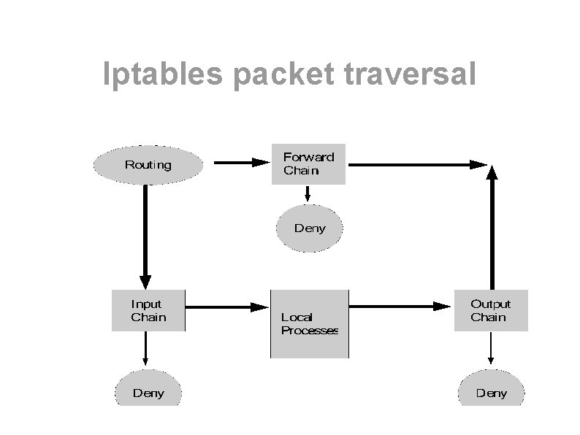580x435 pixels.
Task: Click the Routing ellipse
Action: click(x=148, y=165)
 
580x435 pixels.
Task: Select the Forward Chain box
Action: click(x=308, y=163)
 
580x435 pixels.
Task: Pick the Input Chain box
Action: click(x=148, y=310)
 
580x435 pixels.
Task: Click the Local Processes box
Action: click(x=310, y=323)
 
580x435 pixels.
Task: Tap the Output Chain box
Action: click(x=490, y=310)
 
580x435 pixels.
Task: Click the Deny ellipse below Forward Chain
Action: click(x=309, y=228)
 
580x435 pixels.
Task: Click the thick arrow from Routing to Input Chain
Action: click(x=145, y=234)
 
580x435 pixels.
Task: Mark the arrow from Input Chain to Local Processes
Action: click(x=227, y=307)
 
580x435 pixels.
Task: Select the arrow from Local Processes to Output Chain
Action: click(x=400, y=307)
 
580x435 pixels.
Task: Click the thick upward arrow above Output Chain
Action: click(x=492, y=226)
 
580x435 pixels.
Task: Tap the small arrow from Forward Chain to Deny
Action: click(x=308, y=193)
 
